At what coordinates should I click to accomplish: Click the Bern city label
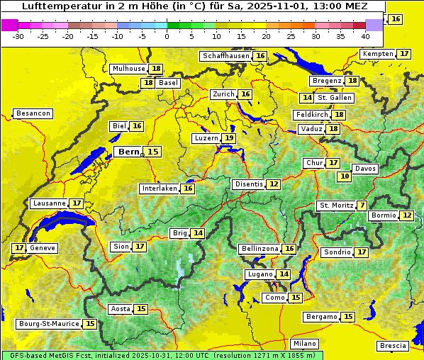click(129, 152)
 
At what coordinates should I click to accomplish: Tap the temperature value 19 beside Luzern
click(228, 138)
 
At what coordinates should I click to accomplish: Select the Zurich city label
click(223, 94)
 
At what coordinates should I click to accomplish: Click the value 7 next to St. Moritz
click(362, 206)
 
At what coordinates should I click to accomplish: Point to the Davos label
click(365, 169)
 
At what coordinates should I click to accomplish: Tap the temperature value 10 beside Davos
click(345, 176)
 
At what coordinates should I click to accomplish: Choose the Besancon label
click(33, 113)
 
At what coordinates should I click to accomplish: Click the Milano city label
click(305, 344)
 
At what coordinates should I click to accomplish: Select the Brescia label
click(393, 346)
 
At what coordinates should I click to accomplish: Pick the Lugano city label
click(259, 274)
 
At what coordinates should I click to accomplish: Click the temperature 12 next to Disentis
click(274, 184)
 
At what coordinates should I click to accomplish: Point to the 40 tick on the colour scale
click(365, 36)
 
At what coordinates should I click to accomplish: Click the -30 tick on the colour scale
click(18, 36)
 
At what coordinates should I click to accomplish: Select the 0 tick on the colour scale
click(167, 36)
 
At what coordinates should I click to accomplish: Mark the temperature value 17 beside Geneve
click(18, 248)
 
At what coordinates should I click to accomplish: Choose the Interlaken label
click(160, 189)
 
